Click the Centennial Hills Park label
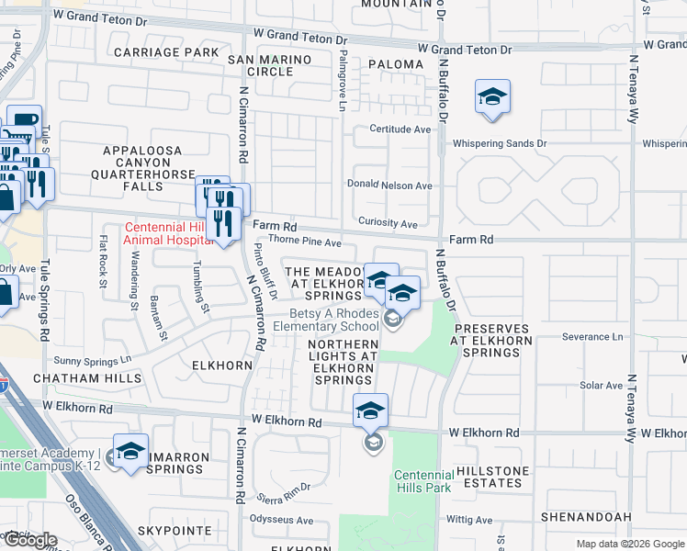coord(422,481)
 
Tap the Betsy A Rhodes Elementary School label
coord(326,320)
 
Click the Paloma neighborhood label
coord(396,64)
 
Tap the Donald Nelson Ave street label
coord(389,185)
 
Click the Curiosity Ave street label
coord(388,224)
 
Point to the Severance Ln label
coord(592,337)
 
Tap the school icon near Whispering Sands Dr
coord(492,97)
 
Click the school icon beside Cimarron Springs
coord(130,451)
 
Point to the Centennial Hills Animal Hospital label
coord(168,235)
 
